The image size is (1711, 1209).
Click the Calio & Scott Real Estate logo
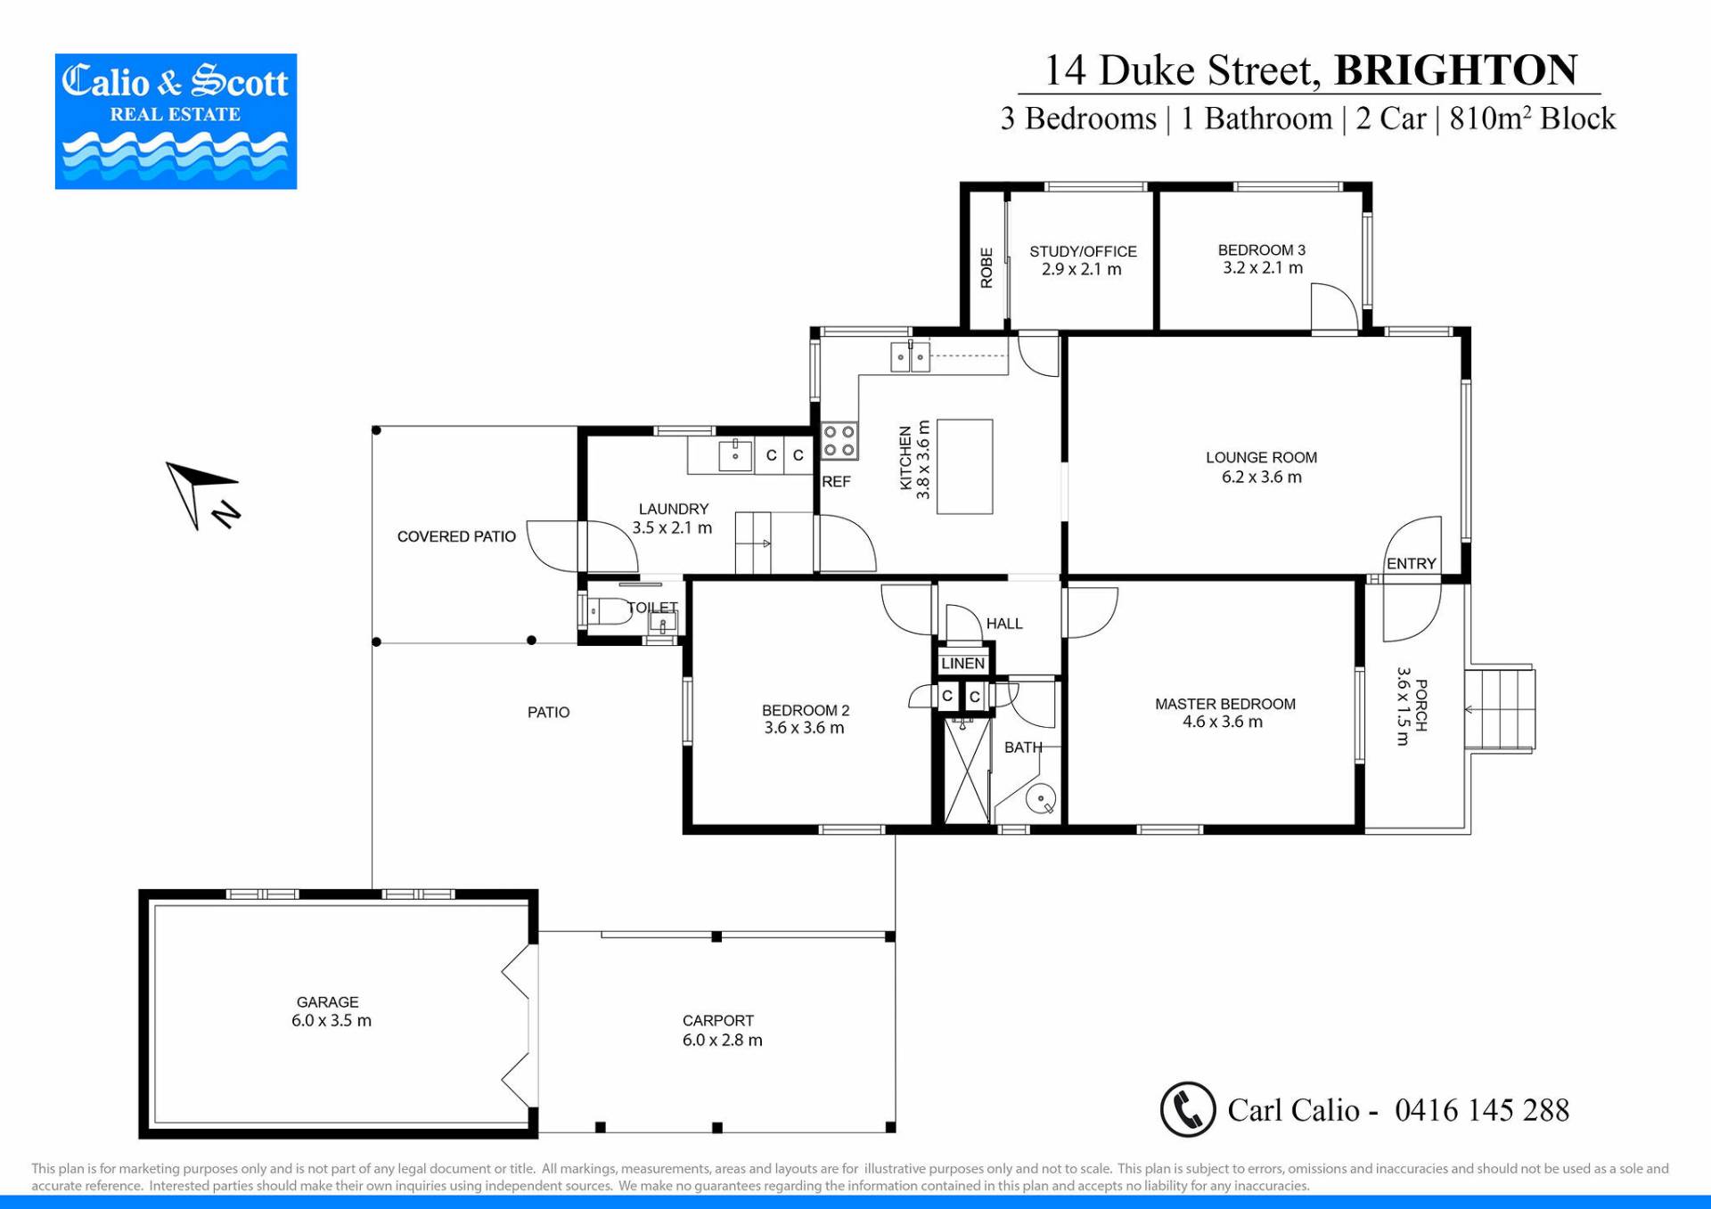coord(176,121)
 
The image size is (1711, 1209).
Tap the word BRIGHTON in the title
coord(1455,70)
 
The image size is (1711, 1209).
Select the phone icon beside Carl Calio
coord(1188,1109)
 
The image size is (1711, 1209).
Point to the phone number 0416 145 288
coord(1482,1110)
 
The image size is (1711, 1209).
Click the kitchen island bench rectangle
coord(964,467)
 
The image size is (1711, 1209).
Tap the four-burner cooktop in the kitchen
coord(839,441)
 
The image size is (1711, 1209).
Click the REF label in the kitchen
coord(836,481)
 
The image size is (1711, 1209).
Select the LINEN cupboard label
coord(962,663)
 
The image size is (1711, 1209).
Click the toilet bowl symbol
coord(610,612)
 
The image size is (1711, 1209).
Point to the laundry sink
coord(735,455)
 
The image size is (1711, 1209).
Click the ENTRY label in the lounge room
coord(1412,563)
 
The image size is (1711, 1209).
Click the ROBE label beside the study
coord(986,268)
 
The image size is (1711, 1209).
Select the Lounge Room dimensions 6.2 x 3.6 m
coord(1261,478)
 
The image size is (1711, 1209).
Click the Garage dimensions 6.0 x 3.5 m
coord(332,1021)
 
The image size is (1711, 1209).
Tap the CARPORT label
coord(718,1020)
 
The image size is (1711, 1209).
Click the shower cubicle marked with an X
coord(967,772)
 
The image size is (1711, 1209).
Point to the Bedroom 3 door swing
coord(1334,307)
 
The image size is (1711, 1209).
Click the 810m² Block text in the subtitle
coord(1532,118)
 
